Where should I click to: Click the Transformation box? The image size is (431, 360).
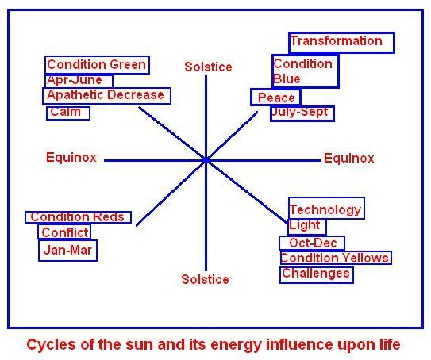(x=341, y=43)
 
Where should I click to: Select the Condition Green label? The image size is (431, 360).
(x=97, y=65)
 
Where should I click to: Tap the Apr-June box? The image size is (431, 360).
(x=79, y=80)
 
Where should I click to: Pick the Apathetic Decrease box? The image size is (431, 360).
(x=106, y=96)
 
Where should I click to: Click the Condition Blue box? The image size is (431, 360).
(x=305, y=71)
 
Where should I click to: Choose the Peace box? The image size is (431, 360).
(x=275, y=98)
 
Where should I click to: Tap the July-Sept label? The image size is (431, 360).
(x=302, y=113)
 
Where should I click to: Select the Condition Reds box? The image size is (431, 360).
(x=78, y=217)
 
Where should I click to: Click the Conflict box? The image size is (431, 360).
(x=64, y=232)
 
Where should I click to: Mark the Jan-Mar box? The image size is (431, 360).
(x=67, y=250)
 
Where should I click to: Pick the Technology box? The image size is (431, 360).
(x=326, y=209)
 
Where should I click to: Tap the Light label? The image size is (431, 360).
(x=306, y=227)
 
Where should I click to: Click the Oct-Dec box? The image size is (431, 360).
(x=312, y=243)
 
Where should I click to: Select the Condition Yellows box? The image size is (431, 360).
(x=336, y=258)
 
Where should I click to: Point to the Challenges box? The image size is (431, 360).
(x=317, y=274)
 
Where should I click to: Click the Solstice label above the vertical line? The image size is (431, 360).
(x=208, y=67)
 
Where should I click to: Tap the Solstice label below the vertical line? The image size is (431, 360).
(x=205, y=280)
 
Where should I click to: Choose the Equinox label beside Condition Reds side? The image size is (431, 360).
(x=71, y=157)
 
